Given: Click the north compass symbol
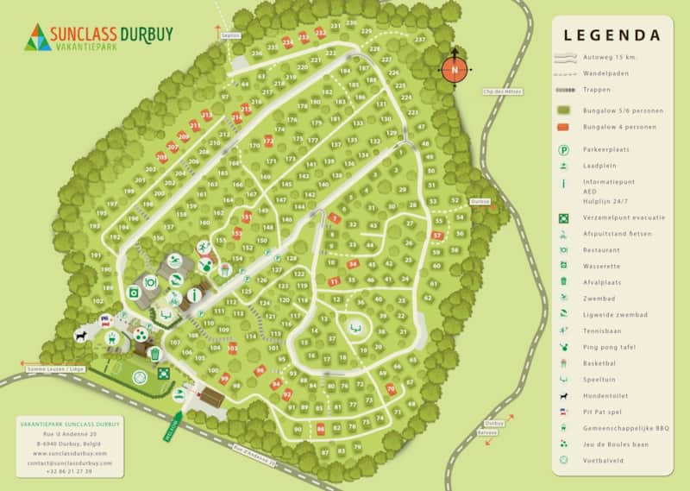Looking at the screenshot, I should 455,69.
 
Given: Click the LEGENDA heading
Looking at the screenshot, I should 612,36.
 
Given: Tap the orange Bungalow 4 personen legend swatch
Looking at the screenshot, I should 565,127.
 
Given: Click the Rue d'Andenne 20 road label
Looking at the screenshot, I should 257,457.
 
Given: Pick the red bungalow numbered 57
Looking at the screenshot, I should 437,235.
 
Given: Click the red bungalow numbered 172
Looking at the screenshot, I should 268,142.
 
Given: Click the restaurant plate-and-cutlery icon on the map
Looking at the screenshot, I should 149,281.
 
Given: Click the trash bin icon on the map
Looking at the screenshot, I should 155,354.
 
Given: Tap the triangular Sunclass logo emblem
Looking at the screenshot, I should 39,37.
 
